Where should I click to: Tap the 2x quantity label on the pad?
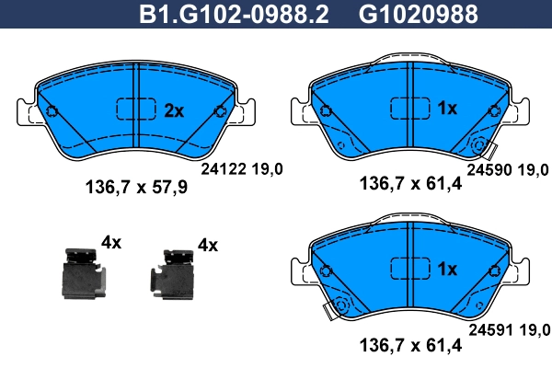click(x=174, y=110)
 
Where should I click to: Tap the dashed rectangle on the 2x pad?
click(x=135, y=109)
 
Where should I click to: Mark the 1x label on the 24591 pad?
click(x=447, y=270)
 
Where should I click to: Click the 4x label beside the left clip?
click(x=111, y=243)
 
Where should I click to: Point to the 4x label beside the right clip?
click(x=208, y=245)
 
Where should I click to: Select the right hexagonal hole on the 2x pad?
click(x=220, y=112)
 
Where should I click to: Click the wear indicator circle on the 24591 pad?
click(x=341, y=307)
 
